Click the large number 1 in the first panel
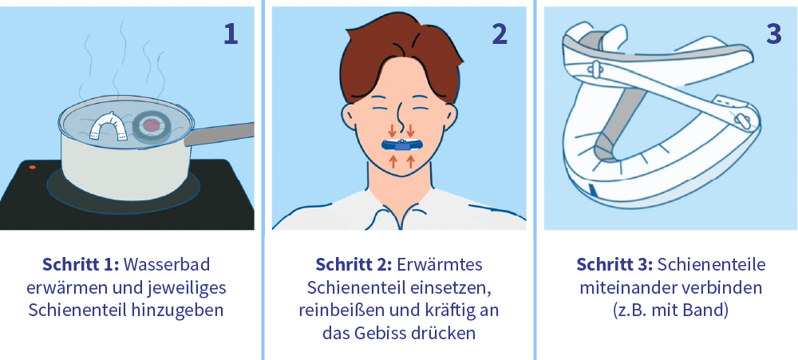[231, 34]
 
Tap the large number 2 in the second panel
[500, 34]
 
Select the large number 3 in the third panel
[773, 34]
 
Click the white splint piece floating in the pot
[109, 126]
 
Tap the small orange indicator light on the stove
[33, 167]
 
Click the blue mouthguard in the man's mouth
[401, 145]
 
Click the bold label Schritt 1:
[81, 265]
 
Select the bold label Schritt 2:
[354, 265]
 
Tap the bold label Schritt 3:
[614, 265]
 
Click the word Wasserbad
[167, 265]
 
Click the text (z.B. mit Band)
[671, 311]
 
